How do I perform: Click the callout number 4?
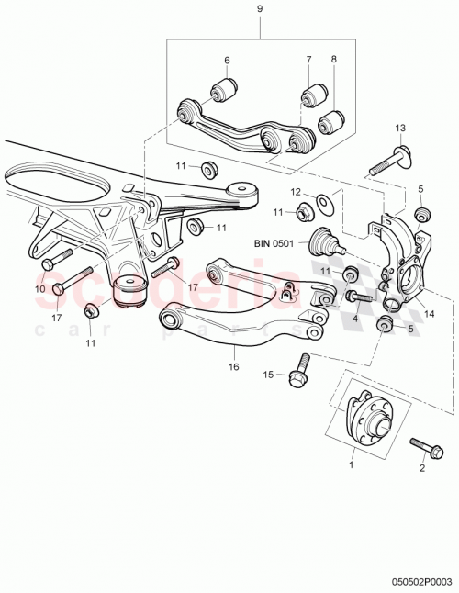coord(353,320)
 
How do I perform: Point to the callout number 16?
coord(234,366)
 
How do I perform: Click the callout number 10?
coord(39,290)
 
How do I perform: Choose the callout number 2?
coord(422,468)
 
